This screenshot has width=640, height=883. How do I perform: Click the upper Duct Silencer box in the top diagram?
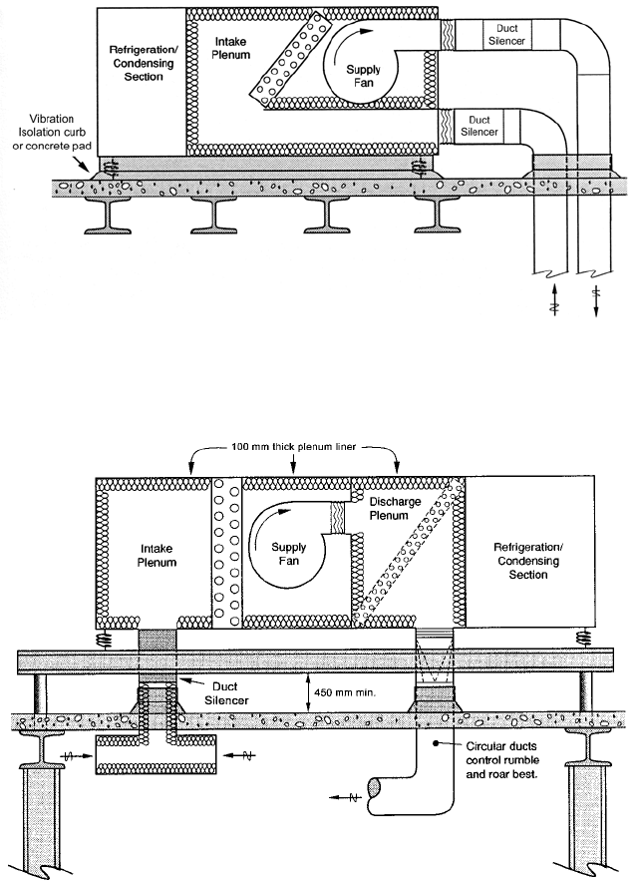click(x=502, y=33)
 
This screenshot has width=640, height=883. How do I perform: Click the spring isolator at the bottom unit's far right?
click(x=580, y=636)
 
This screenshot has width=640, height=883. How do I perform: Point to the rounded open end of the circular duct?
click(x=375, y=788)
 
